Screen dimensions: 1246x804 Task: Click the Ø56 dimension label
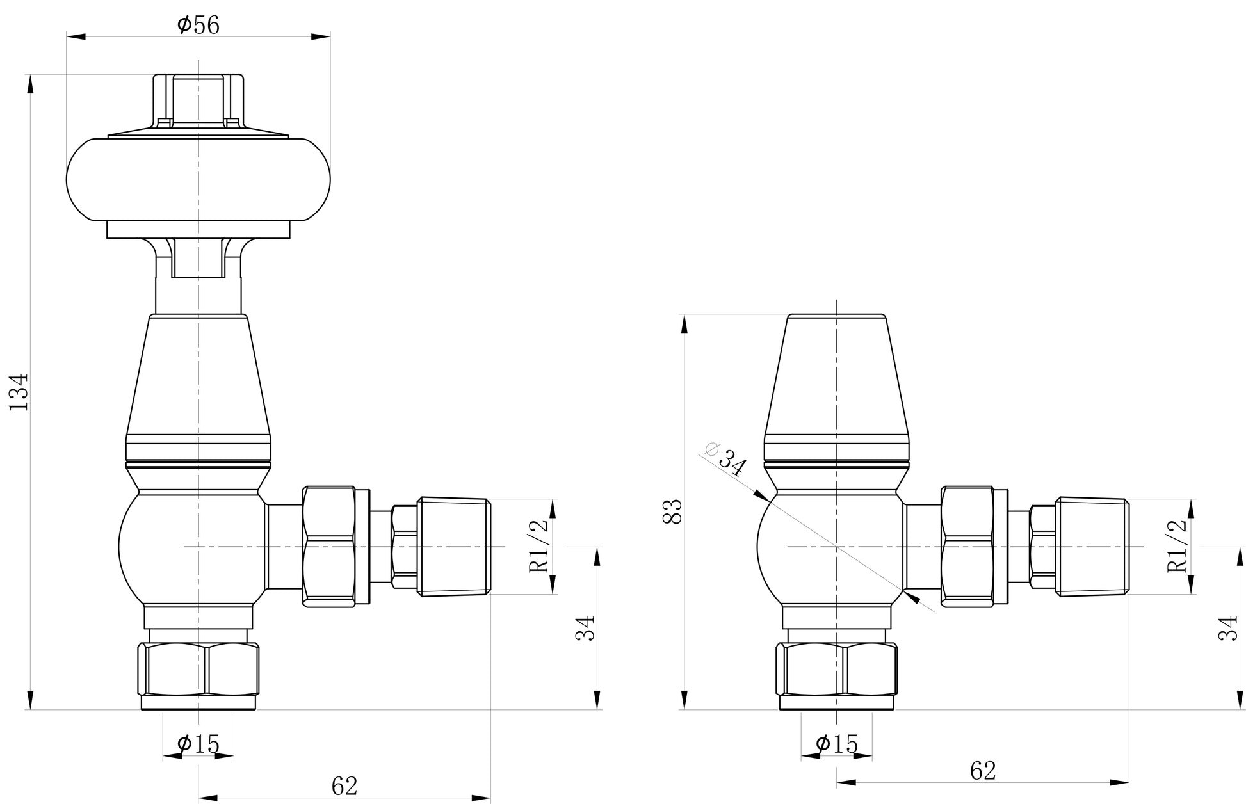tap(198, 25)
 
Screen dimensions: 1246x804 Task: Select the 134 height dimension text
tap(19, 391)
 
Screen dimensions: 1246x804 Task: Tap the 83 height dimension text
tap(672, 511)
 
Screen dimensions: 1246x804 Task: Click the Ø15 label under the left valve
tap(198, 744)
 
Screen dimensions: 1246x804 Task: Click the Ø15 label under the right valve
tap(836, 744)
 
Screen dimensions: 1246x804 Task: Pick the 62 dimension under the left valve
tap(344, 785)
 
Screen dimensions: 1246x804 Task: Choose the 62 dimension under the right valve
tap(983, 771)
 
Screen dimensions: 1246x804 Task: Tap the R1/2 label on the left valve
tap(538, 546)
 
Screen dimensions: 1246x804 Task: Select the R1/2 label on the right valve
tap(1177, 546)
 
